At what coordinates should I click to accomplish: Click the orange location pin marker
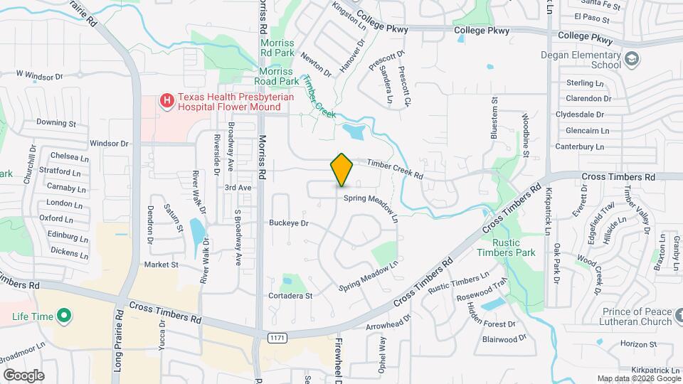pyautogui.click(x=342, y=170)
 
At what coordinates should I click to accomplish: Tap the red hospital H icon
pyautogui.click(x=166, y=101)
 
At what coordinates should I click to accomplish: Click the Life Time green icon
pyautogui.click(x=63, y=314)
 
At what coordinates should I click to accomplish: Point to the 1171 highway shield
pyautogui.click(x=277, y=338)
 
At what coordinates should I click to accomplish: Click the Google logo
pyautogui.click(x=23, y=375)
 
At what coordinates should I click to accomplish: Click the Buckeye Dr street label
pyautogui.click(x=288, y=223)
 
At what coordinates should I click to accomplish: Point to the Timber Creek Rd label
pyautogui.click(x=395, y=168)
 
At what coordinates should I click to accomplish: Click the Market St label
pyautogui.click(x=161, y=265)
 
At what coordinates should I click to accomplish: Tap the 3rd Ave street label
pyautogui.click(x=238, y=187)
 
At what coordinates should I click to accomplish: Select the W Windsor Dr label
pyautogui.click(x=40, y=75)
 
